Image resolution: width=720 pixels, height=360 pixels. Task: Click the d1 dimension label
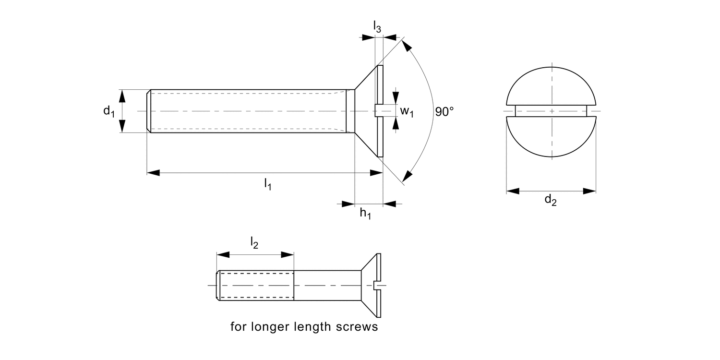tap(108, 111)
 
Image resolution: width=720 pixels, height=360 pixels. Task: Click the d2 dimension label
tap(550, 201)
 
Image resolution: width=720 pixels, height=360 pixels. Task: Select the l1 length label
tap(267, 184)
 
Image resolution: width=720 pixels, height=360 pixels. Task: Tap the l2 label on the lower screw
tap(254, 244)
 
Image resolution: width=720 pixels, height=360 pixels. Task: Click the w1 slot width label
tap(407, 112)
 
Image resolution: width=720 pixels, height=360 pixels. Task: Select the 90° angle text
tap(444, 112)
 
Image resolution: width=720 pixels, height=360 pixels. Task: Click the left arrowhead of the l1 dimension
tap(153, 172)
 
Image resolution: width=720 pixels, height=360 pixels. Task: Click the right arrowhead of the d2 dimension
tap(589, 191)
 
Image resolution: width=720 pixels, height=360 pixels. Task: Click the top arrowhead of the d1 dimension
tap(122, 96)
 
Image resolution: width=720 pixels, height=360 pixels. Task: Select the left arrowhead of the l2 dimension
tap(223, 254)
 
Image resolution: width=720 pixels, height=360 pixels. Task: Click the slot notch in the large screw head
tap(378, 111)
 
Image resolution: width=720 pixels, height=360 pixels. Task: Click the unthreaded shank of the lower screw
tap(326, 285)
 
